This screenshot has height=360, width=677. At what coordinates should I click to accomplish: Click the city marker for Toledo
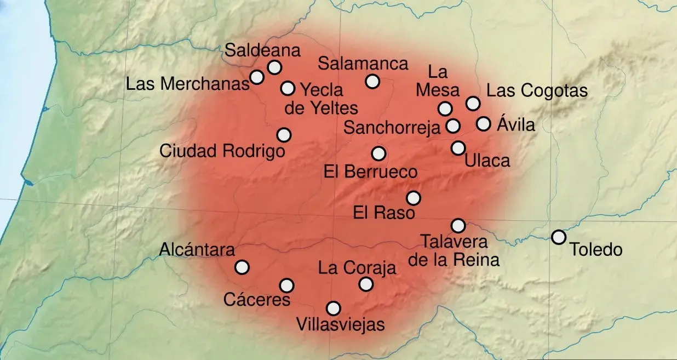pos(558,237)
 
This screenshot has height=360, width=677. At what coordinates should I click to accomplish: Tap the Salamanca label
pos(364,64)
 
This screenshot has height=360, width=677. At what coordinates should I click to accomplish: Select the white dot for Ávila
pos(483,124)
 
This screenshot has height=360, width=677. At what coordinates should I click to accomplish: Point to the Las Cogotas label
pos(537,90)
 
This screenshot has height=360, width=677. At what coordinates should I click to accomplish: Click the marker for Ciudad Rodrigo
pos(284,135)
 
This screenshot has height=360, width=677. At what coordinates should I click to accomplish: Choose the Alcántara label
pos(197,250)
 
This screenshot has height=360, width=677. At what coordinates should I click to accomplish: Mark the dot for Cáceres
pos(286,285)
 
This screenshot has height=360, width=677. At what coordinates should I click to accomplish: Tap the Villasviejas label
pos(340,324)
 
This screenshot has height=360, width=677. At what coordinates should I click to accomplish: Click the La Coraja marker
pos(366,284)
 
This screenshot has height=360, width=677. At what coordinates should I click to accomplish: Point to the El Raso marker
pos(414,198)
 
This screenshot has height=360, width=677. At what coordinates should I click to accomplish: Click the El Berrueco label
pos(370,172)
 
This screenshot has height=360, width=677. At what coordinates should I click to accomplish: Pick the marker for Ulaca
pos(458,148)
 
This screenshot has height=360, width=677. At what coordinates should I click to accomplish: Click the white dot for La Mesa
pos(445,108)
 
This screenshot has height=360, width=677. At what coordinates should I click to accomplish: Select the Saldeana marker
pos(274,67)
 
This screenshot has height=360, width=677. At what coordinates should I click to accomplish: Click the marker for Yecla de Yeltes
pos(288,88)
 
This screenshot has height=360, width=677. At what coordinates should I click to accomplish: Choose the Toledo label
pos(596,250)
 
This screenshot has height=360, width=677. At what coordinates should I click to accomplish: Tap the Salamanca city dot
pos(372,82)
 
